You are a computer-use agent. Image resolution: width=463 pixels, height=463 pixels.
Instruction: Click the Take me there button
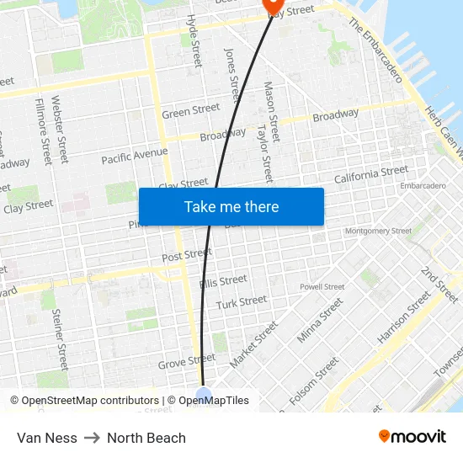[231, 206]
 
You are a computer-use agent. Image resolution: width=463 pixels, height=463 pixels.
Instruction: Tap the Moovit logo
[412, 437]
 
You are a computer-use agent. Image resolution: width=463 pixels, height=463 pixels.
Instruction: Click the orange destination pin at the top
[274, 6]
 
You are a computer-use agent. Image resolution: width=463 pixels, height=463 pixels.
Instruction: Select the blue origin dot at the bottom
[203, 395]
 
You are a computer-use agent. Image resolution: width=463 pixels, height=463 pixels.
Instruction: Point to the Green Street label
[191, 111]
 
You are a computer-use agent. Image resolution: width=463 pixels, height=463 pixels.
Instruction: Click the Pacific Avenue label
[135, 156]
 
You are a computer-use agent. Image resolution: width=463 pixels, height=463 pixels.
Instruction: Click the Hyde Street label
[194, 40]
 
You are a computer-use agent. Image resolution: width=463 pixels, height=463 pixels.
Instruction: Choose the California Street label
[371, 175]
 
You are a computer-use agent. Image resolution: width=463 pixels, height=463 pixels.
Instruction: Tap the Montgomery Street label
[378, 231]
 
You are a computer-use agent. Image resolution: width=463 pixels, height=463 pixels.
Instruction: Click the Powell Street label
[322, 286]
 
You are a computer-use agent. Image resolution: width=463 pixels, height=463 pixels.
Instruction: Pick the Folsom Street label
[314, 381]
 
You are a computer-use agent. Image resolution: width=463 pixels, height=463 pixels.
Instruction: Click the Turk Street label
[242, 303]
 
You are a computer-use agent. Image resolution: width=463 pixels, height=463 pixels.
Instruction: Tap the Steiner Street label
[59, 339]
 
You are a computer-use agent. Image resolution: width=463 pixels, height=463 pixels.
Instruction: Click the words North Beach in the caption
[146, 438]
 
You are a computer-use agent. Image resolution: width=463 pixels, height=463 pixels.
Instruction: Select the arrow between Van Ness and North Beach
[92, 438]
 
